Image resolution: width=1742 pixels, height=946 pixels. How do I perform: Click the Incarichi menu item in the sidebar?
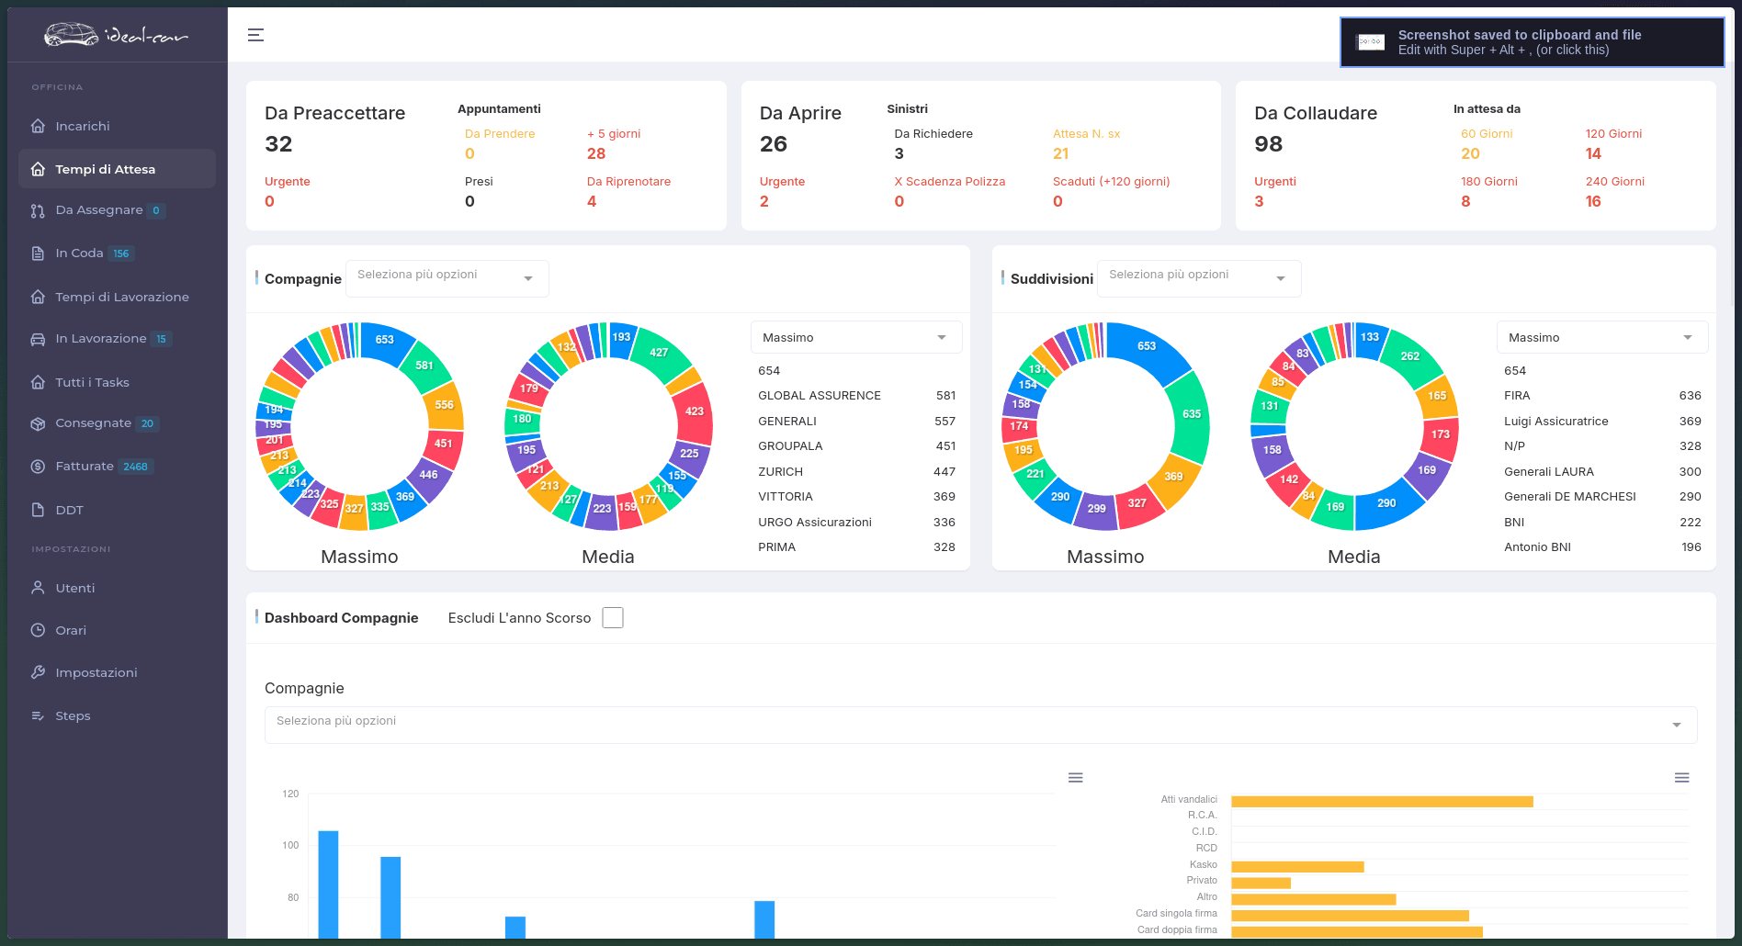point(82,126)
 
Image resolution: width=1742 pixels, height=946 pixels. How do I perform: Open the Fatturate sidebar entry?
point(85,467)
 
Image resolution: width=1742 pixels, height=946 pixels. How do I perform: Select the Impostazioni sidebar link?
point(96,672)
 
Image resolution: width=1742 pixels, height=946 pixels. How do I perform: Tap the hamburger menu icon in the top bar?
point(255,35)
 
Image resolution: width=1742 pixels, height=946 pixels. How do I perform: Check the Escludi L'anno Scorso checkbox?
point(613,618)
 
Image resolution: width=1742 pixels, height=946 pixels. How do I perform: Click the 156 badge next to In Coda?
point(121,253)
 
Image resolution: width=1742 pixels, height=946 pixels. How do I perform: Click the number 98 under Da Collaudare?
point(1268,144)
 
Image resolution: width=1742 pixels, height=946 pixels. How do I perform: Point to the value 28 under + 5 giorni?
point(596,153)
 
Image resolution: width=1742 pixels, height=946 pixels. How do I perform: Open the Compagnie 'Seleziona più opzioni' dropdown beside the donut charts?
point(447,278)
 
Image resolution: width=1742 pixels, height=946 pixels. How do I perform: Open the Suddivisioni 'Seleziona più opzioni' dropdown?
point(1199,278)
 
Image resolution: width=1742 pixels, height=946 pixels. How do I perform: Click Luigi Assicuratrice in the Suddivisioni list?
point(1556,422)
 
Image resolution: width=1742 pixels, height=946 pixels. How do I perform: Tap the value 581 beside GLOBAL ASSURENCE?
point(945,396)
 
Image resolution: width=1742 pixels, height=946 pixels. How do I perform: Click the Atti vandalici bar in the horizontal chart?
point(1382,802)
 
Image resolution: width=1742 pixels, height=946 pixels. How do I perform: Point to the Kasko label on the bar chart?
point(1203,864)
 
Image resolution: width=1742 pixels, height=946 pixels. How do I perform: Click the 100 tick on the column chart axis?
point(290,845)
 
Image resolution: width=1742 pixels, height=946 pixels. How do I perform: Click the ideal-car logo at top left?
point(116,35)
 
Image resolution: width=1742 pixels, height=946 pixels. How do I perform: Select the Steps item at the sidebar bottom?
point(73,715)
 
